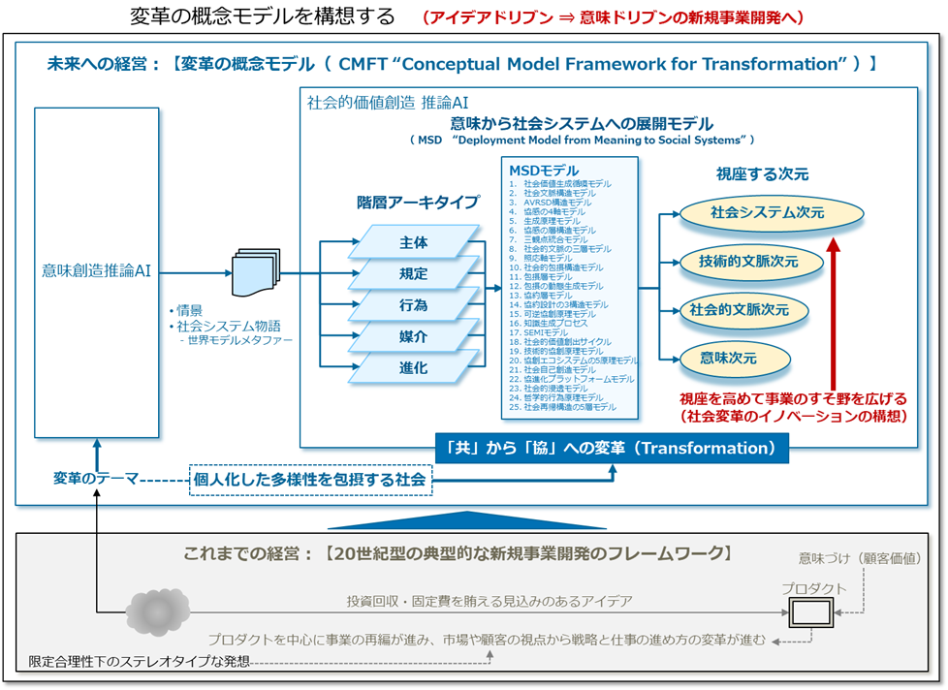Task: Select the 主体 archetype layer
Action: (x=414, y=242)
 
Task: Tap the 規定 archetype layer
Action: (x=414, y=274)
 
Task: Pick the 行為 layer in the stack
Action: (x=414, y=305)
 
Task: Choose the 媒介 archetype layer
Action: (x=414, y=336)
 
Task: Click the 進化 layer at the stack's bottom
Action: (x=414, y=367)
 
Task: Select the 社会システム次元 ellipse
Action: (x=753, y=211)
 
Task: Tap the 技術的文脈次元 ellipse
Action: (x=748, y=261)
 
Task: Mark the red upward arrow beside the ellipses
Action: (x=833, y=311)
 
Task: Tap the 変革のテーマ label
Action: (x=96, y=479)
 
